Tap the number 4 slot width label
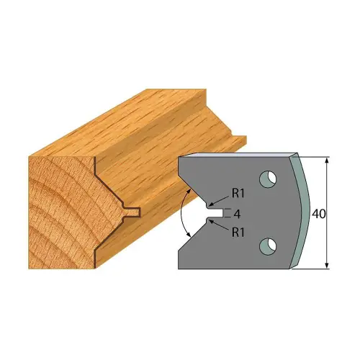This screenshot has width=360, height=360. (x=236, y=213)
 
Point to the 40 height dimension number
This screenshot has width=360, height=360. (x=318, y=213)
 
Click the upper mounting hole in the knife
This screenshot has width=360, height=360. (x=269, y=176)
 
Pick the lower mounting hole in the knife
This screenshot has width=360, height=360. (x=269, y=246)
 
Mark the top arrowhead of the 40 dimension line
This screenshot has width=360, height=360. (x=328, y=159)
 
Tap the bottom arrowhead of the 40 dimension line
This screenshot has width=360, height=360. (x=328, y=266)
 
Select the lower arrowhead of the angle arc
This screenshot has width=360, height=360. (x=189, y=234)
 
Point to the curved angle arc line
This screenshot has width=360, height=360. (x=181, y=213)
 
